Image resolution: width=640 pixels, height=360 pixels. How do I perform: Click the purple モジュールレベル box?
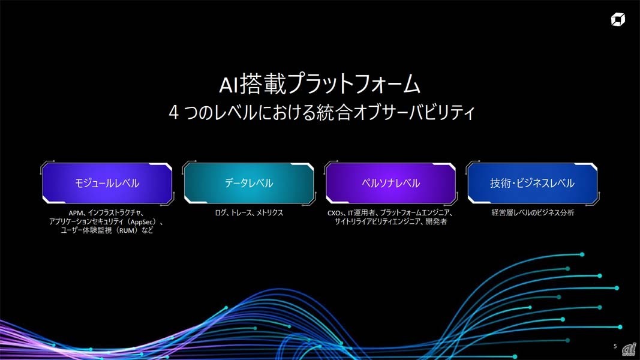pos(107,183)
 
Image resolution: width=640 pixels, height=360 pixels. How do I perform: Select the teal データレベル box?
pos(249,183)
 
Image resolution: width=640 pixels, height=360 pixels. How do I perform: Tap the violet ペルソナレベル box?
pos(390,183)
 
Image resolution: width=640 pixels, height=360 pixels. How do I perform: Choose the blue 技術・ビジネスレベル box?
pos(532,183)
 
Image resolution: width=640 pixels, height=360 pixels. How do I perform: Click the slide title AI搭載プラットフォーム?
pos(320,84)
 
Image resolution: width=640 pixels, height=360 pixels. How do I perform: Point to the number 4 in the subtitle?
pos(174,113)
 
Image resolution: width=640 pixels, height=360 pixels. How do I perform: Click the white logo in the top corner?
pos(618,19)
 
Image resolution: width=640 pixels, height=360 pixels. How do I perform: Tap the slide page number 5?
pos(615,346)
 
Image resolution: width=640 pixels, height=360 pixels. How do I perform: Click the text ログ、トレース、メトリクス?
pos(249,212)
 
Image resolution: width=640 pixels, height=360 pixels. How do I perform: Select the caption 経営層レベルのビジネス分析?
pos(533,212)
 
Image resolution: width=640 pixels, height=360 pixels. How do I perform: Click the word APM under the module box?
pos(76,213)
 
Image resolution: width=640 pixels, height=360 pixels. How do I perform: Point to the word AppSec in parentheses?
pos(142,222)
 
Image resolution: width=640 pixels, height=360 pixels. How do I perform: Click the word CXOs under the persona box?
pos(335,213)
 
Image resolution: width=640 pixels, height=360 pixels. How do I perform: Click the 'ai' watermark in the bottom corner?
pos(629,349)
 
